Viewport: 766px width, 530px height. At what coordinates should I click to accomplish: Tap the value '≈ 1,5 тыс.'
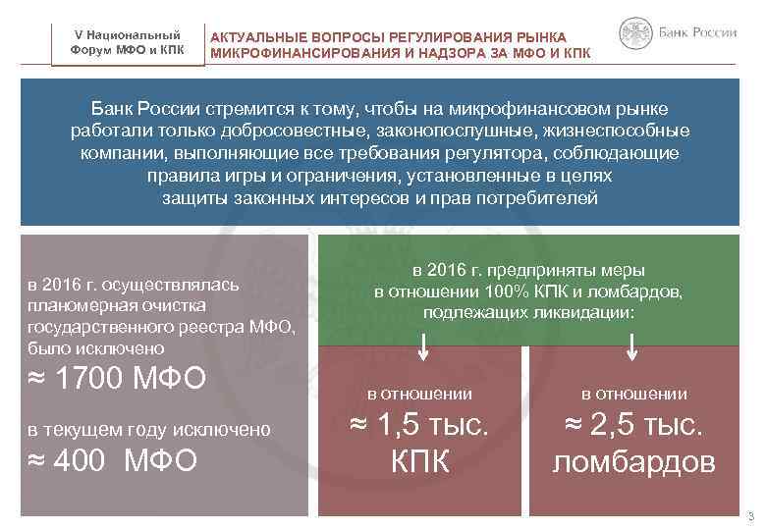[x=420, y=426]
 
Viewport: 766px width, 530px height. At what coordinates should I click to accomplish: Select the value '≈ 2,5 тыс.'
[x=633, y=426]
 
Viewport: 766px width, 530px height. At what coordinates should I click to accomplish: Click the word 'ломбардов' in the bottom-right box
[x=633, y=461]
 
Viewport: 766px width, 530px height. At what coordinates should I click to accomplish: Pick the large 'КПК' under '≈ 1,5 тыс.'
[x=420, y=461]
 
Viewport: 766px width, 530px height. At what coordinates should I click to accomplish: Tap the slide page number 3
[x=749, y=517]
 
